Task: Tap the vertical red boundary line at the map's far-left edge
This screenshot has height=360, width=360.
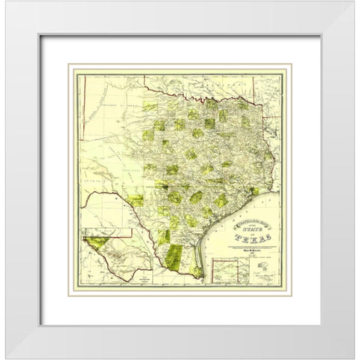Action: (x=83, y=112)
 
